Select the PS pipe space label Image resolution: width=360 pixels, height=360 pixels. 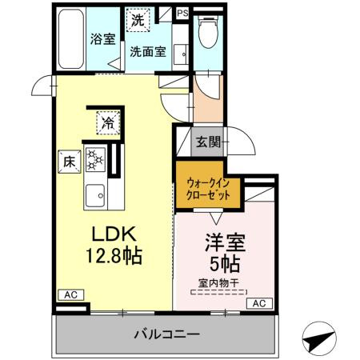pos(183,13)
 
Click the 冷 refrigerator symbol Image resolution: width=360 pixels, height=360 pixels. pos(106,122)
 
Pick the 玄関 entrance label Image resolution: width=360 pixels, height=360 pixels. pos(208,143)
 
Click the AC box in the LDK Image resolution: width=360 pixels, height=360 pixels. pos(68,294)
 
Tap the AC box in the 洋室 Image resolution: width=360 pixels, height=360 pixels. pos(259,303)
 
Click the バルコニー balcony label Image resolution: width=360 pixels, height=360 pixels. pos(166,334)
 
